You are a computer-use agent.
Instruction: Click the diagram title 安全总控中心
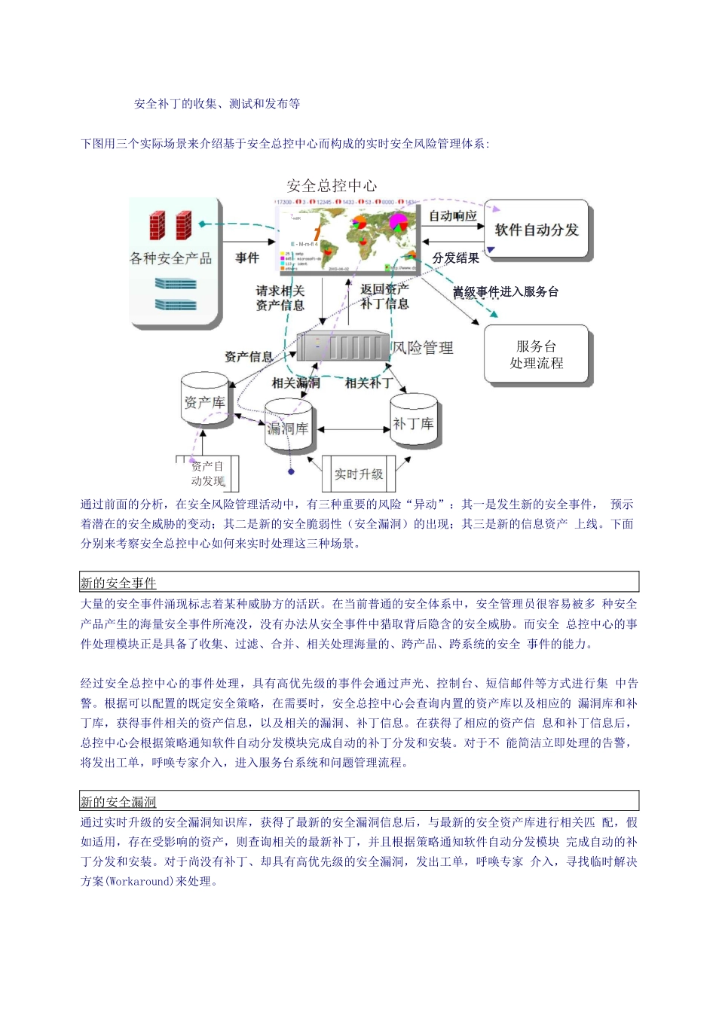pos(332,185)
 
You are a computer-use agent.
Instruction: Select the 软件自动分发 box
pos(536,230)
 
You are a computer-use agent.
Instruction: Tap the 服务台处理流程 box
pos(536,355)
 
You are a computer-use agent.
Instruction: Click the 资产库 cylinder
pos(204,403)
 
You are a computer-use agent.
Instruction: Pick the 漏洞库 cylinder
pos(288,428)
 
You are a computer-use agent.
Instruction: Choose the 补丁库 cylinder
pos(413,423)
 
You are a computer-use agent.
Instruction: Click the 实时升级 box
pos(359,474)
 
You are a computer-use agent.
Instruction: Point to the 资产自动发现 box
pos(207,474)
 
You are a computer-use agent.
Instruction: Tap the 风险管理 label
pos(423,347)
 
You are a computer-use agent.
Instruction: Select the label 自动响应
pos(452,215)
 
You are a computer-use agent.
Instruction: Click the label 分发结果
pos(455,258)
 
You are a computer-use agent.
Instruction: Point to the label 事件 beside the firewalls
pos(246,258)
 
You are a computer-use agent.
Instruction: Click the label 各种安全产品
pos(170,258)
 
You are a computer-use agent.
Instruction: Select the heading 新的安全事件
pos(118,583)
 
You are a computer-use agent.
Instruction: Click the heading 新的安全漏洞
pos(118,802)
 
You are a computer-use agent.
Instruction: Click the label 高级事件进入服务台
pos(505,291)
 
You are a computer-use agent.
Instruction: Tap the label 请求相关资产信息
pos(280,298)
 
